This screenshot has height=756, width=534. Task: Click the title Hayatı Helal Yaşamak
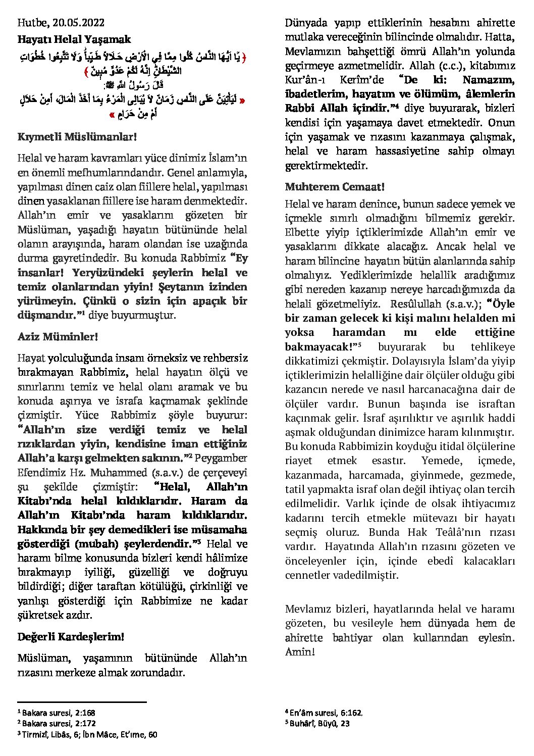tap(74, 39)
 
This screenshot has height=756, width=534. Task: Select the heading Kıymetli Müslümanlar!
tap(77, 137)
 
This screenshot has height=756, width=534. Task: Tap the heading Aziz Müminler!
tap(58, 336)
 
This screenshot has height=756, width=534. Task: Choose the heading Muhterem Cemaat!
tap(335, 187)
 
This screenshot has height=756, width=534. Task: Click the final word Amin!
tap(300, 651)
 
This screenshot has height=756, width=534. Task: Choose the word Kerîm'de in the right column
tap(361, 80)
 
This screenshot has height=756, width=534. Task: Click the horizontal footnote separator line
tap(82, 702)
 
